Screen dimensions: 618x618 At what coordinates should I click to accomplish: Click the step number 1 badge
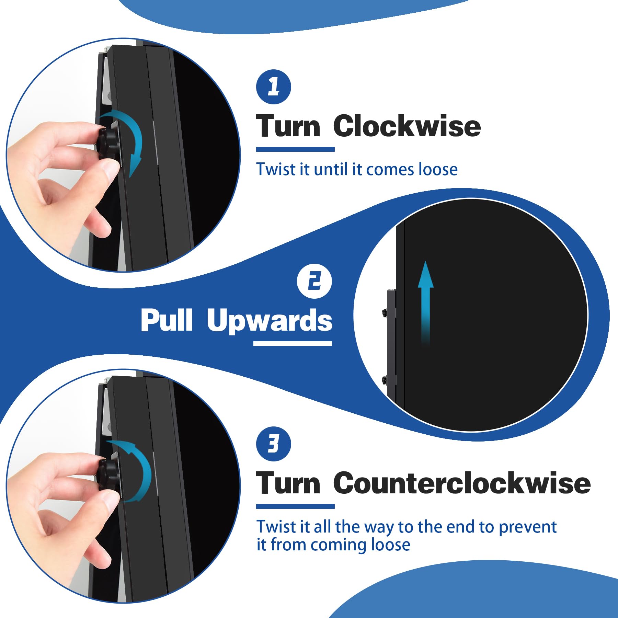click(274, 87)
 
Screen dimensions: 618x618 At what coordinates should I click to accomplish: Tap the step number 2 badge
click(314, 281)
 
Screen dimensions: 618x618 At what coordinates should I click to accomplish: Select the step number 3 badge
click(274, 444)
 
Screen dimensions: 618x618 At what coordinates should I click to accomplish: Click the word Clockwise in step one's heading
click(407, 126)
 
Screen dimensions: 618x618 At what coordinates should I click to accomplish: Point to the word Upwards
click(270, 320)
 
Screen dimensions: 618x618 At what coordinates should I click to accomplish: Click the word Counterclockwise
click(462, 483)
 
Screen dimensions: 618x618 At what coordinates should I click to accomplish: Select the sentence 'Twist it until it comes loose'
click(357, 169)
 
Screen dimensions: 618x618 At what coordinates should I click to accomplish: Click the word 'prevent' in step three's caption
click(528, 527)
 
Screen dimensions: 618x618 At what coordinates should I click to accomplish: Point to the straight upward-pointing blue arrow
click(426, 304)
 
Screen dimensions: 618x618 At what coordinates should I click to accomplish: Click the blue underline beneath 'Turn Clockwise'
click(295, 149)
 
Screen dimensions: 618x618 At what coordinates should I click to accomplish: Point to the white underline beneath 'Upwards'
click(293, 343)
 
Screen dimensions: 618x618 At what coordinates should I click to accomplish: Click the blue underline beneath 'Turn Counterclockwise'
click(295, 506)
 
